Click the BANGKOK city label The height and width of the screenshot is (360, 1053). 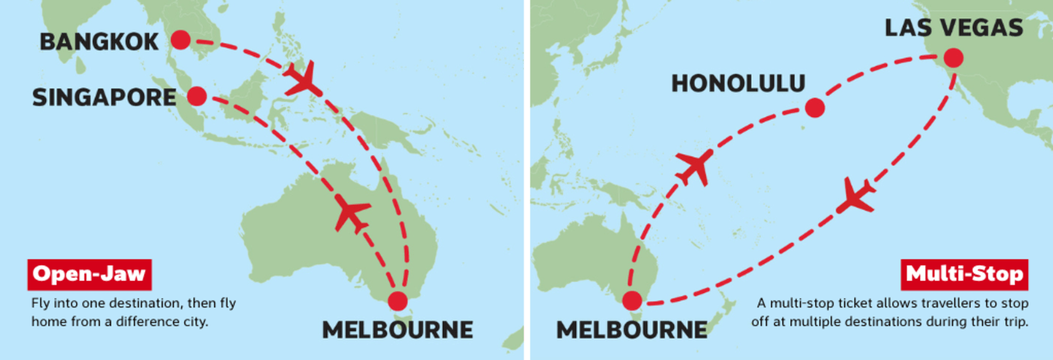[x=99, y=41]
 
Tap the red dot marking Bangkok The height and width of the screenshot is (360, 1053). [x=180, y=40]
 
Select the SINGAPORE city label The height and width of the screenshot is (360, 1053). [x=104, y=98]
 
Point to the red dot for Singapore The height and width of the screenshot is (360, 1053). [x=197, y=97]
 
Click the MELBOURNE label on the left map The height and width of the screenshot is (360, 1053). [x=398, y=330]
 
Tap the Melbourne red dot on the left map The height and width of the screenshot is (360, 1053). [x=398, y=301]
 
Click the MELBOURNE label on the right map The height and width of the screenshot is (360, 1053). [x=632, y=330]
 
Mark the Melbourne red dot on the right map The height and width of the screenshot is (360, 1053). [x=632, y=301]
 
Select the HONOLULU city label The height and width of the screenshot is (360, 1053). [x=738, y=84]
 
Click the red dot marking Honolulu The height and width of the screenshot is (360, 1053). [x=815, y=108]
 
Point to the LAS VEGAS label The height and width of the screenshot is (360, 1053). [x=954, y=28]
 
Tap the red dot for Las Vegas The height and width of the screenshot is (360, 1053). [x=953, y=58]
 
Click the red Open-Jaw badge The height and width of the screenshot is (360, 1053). [x=90, y=274]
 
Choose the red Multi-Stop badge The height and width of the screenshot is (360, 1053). [x=964, y=274]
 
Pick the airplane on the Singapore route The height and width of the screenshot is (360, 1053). [x=351, y=213]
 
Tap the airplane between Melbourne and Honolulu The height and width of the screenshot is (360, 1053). [x=695, y=166]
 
